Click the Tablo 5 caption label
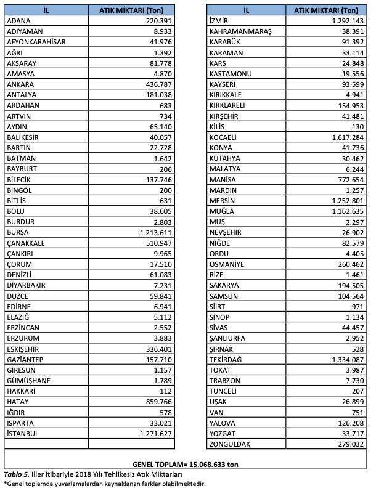pyautogui.click(x=17, y=474)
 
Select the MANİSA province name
pyautogui.click(x=223, y=179)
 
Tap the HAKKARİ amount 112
pyautogui.click(x=160, y=391)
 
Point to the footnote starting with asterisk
pyautogui.click(x=105, y=484)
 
